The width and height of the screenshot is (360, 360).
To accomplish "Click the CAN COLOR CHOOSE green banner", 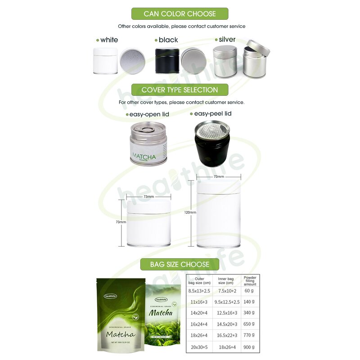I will (180, 13).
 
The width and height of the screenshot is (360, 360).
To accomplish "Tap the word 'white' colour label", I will (109, 40).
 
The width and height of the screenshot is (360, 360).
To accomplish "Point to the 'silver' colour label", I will (227, 40).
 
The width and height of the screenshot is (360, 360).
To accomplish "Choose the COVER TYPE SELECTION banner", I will (180, 90).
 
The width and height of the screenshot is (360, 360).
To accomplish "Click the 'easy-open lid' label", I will (149, 114).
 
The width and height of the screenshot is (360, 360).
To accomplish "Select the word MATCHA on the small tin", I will (144, 157).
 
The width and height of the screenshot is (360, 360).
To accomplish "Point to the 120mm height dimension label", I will (190, 212).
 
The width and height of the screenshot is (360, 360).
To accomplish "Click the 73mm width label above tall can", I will (219, 177).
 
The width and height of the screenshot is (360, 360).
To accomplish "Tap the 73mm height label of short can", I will (121, 222).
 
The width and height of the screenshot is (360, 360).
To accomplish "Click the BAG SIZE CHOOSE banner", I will (180, 264).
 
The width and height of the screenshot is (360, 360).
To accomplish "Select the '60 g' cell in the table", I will (250, 291).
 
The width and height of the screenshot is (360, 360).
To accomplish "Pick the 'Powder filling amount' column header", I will (250, 281).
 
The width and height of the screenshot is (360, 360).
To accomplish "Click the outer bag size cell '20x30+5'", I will (199, 347).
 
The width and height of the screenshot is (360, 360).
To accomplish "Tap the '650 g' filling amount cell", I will (250, 324).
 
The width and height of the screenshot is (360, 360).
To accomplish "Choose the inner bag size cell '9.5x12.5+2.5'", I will (227, 302).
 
